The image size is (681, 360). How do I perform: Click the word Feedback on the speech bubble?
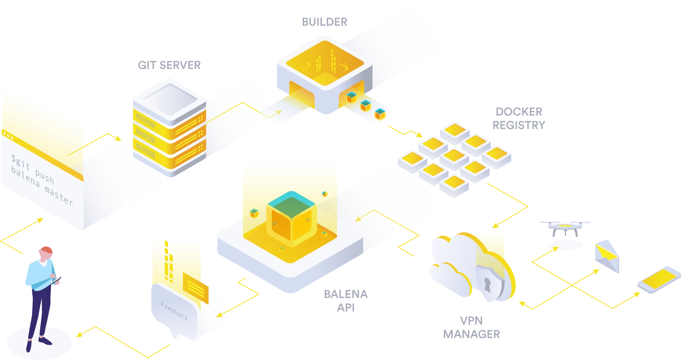pos(174,311)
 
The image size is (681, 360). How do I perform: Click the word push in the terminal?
pos(45,176)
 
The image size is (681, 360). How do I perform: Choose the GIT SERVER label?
pos(169,65)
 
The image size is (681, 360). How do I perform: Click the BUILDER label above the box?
pos(325,22)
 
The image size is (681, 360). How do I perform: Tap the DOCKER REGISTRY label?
pos(519,118)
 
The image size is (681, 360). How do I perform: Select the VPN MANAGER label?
pos(471,328)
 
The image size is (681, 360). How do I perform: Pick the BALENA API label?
pos(345,301)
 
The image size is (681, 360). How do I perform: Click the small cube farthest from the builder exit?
pos(380,114)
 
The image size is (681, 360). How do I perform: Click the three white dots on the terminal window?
pos(7,136)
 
